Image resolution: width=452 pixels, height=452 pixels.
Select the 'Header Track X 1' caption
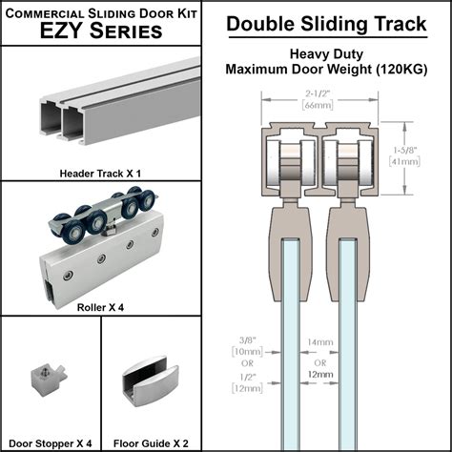[x=100, y=173]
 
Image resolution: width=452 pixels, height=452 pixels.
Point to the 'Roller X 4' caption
[x=101, y=308]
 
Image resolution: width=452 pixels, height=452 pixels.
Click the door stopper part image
[x=47, y=381]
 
